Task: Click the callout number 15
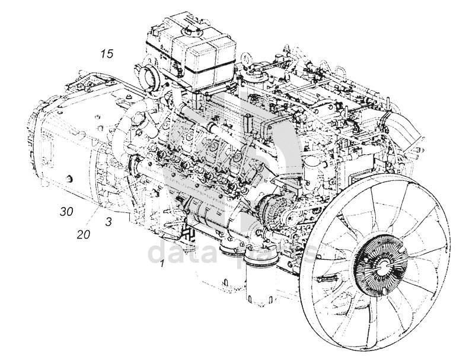[106, 55]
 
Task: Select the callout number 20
[83, 234]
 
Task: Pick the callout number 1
[161, 264]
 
